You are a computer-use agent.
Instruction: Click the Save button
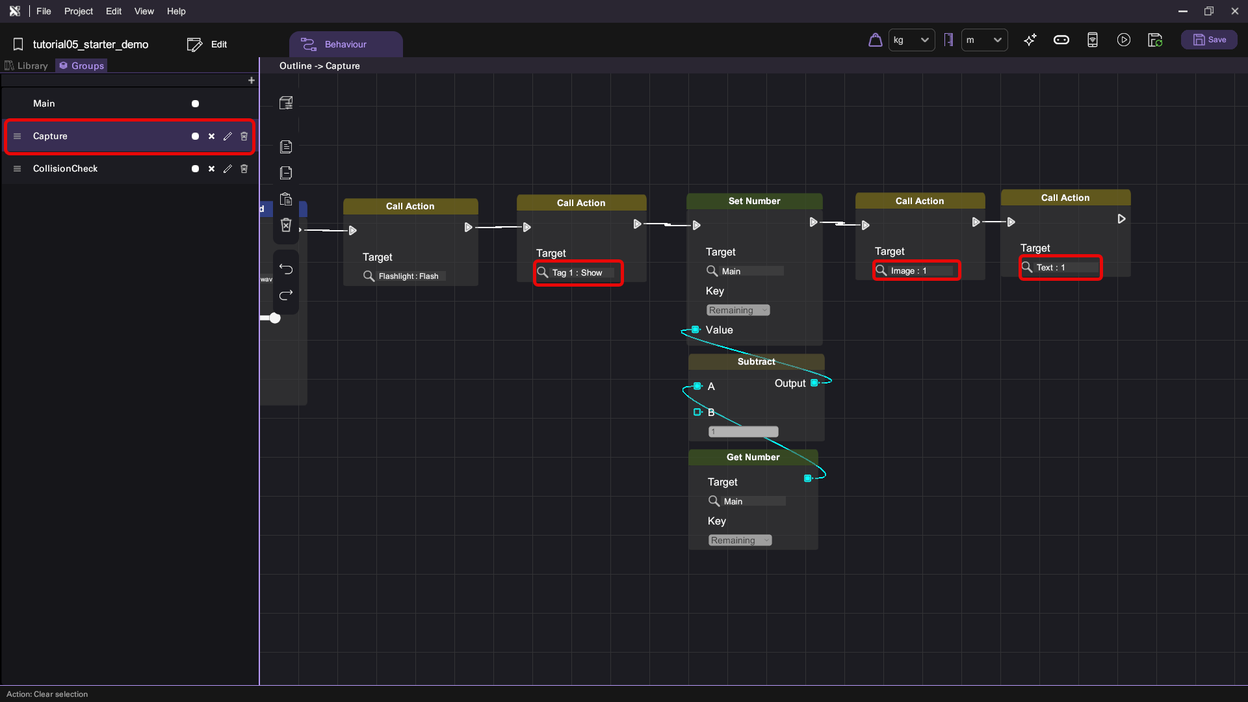tap(1209, 40)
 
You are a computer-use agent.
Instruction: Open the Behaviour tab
tap(345, 44)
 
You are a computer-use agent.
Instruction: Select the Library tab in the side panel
tap(27, 66)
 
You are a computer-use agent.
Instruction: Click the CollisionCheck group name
tap(65, 168)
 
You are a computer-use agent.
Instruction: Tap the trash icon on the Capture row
tap(244, 136)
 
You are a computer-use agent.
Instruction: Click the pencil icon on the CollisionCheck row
tap(227, 169)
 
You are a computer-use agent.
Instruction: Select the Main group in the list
tap(44, 103)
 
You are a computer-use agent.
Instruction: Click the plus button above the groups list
tap(252, 81)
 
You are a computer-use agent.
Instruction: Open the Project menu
tap(79, 11)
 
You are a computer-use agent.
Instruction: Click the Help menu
tap(176, 11)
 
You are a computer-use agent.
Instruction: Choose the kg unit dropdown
tap(911, 40)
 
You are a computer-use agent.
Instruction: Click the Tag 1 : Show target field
tap(578, 273)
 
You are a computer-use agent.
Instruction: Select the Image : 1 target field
tap(916, 270)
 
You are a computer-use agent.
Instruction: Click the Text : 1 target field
tap(1061, 267)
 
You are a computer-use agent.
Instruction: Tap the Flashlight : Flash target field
tap(404, 276)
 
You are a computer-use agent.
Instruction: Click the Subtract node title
tap(756, 361)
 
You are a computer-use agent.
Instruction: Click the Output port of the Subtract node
tap(814, 383)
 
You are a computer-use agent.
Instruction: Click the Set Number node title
tap(754, 201)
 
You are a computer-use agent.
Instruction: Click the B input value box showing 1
tap(743, 432)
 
